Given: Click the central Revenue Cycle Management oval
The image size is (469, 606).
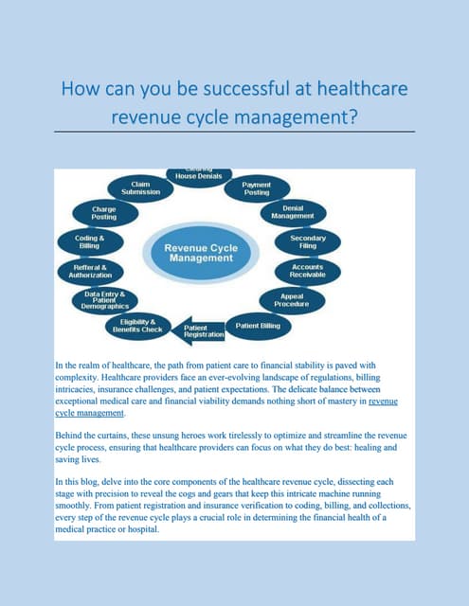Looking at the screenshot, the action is (201, 253).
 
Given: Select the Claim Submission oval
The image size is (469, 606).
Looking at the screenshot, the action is (139, 188).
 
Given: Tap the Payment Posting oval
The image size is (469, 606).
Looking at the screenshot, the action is (257, 188).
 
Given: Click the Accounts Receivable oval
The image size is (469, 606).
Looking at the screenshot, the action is (308, 271).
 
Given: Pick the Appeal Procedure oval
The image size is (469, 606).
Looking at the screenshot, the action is (291, 300).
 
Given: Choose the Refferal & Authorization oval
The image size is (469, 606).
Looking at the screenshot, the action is (90, 271).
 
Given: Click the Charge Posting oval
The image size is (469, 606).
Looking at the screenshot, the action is (104, 212).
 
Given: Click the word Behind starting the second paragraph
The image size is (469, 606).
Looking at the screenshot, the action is (73, 431).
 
